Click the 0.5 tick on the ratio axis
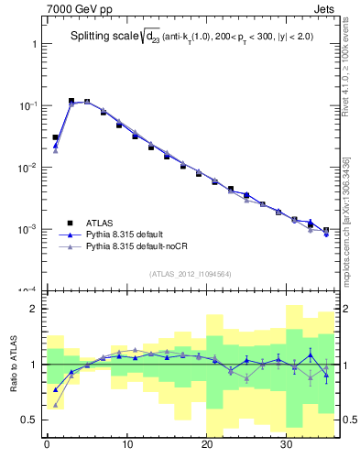coord(30,420)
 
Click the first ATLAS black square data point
coord(55,137)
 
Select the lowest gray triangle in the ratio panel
coord(55,404)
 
